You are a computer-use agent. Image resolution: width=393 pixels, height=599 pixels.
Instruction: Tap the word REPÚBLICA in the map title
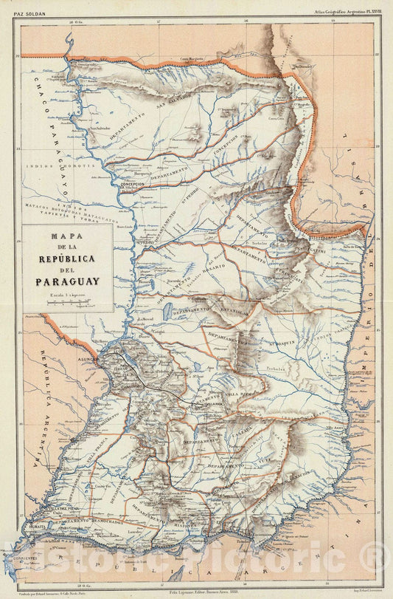tap(67, 259)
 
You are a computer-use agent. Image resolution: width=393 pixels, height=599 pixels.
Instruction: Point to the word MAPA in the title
tap(67, 237)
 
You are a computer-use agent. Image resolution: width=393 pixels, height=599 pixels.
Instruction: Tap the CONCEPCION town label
tap(133, 184)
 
